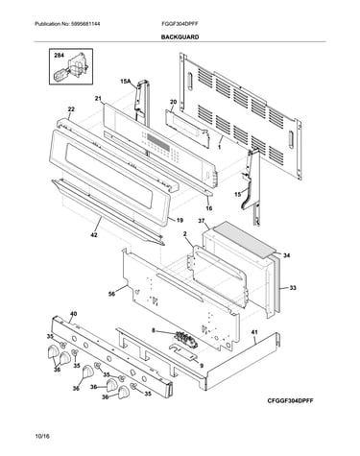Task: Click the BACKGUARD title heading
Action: point(180,37)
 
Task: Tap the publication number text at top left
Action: point(67,24)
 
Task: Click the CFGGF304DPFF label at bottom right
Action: point(291,400)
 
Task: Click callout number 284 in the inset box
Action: point(59,56)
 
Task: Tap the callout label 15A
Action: point(126,82)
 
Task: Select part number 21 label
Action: point(98,98)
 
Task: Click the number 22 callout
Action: point(71,109)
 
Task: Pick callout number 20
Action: point(173,102)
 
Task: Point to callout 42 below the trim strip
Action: point(94,235)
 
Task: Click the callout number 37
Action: point(201,221)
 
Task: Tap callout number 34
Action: point(287,255)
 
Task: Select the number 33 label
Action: point(293,288)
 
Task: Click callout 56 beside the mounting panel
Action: point(111,294)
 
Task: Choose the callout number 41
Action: point(254,332)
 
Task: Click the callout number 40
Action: point(73,314)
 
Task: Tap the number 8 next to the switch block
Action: point(154,330)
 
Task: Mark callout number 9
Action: point(202,366)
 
